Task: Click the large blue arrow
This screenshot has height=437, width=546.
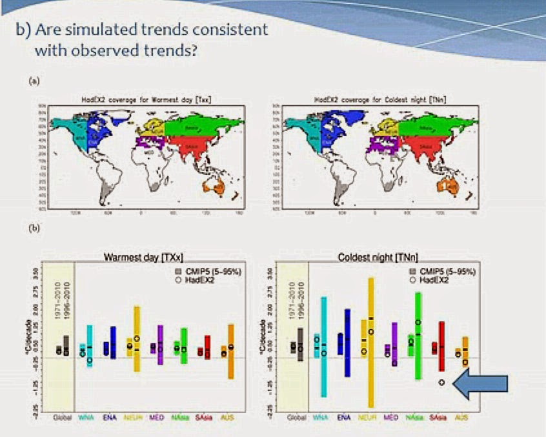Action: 481,383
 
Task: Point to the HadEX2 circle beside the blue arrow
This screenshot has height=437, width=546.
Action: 441,383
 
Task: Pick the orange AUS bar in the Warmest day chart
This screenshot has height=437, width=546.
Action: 230,352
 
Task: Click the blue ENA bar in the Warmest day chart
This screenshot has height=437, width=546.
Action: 113,342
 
